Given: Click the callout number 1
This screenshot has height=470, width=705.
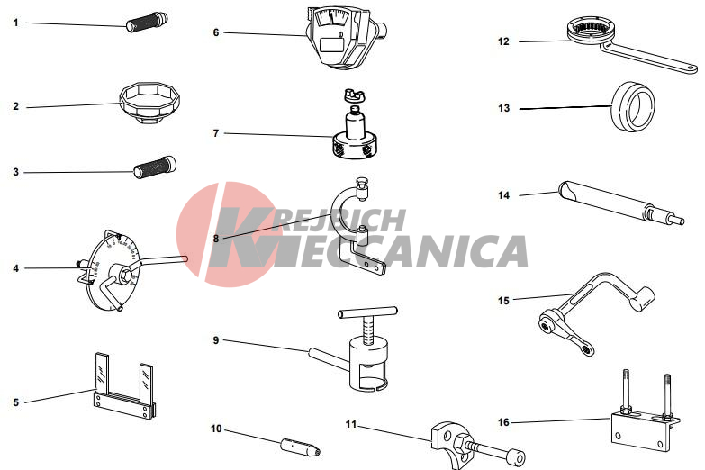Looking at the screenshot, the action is click(x=16, y=23).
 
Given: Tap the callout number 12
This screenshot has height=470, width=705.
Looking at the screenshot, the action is click(x=503, y=41).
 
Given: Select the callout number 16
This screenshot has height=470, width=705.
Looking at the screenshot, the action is click(x=503, y=422).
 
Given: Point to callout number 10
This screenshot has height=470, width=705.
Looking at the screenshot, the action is click(x=216, y=429).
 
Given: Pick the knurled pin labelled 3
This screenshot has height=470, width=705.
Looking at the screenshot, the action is click(x=155, y=167).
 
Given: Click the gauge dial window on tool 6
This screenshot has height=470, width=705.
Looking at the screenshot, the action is click(x=332, y=18).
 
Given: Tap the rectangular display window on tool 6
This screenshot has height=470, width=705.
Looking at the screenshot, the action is click(x=332, y=44).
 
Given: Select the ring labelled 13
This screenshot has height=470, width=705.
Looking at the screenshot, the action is click(x=632, y=107).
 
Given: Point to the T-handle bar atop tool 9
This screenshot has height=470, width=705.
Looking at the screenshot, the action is click(x=367, y=312).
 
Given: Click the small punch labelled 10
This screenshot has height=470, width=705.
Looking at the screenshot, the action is click(x=301, y=447).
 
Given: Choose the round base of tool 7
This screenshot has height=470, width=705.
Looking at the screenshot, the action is click(x=354, y=145).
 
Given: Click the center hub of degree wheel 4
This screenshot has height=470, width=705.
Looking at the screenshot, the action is click(x=122, y=273).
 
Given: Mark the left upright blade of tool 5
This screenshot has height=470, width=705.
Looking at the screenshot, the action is click(x=102, y=373).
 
